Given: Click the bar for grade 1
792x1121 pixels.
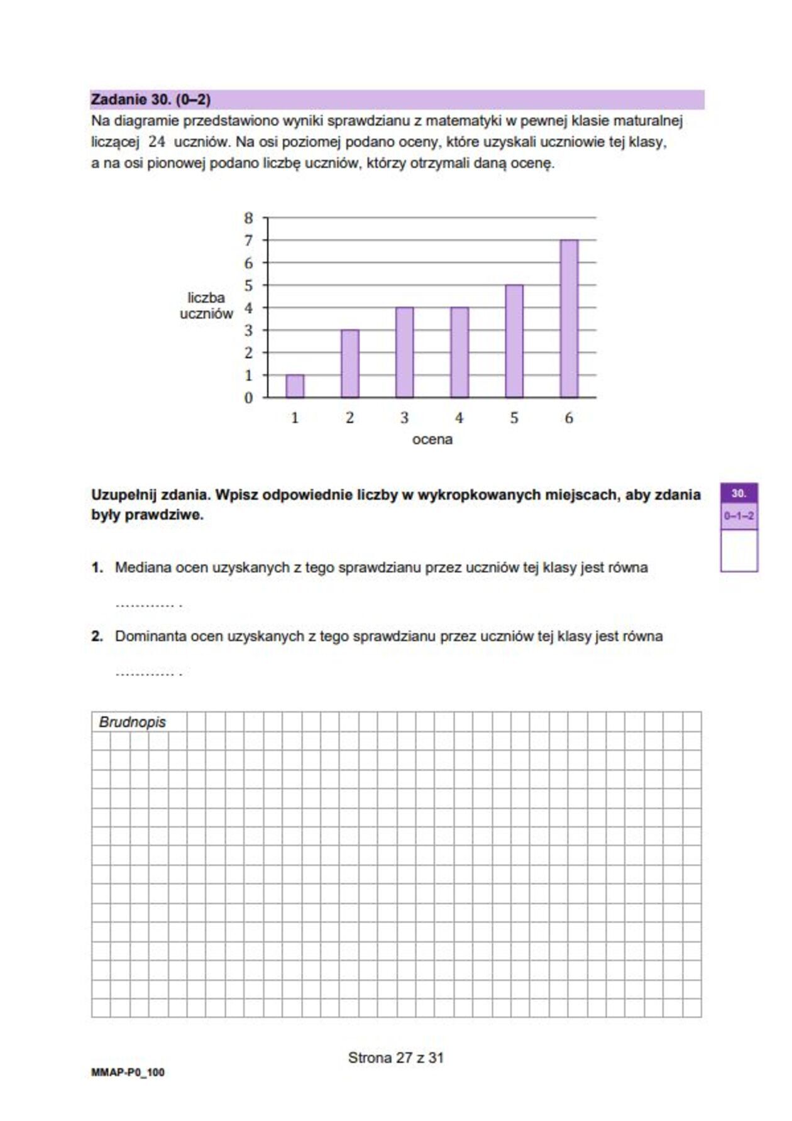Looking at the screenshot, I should [295, 386].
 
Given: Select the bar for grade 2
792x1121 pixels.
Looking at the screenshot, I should [350, 363].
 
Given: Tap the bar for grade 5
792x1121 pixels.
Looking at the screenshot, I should [514, 341].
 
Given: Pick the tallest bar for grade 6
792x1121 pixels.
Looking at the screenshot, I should [569, 319].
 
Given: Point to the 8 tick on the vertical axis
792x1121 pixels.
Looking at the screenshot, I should [248, 218].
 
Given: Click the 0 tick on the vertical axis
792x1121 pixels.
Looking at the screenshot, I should [248, 398].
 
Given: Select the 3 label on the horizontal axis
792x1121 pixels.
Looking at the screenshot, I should [404, 418].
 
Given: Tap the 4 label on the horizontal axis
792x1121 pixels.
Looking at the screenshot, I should [459, 418].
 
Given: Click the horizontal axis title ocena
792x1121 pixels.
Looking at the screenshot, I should [432, 439].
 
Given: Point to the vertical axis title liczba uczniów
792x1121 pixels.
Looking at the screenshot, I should [206, 306].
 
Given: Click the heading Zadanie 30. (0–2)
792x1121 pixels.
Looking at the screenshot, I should [151, 99].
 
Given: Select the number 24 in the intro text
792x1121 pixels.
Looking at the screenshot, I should [157, 142].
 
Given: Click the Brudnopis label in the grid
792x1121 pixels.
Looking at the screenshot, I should [132, 722].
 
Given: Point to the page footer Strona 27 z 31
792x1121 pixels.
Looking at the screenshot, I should [396, 1058].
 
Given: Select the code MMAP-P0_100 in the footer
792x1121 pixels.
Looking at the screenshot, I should [128, 1073].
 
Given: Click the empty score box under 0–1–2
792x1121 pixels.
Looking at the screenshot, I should [739, 550].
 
